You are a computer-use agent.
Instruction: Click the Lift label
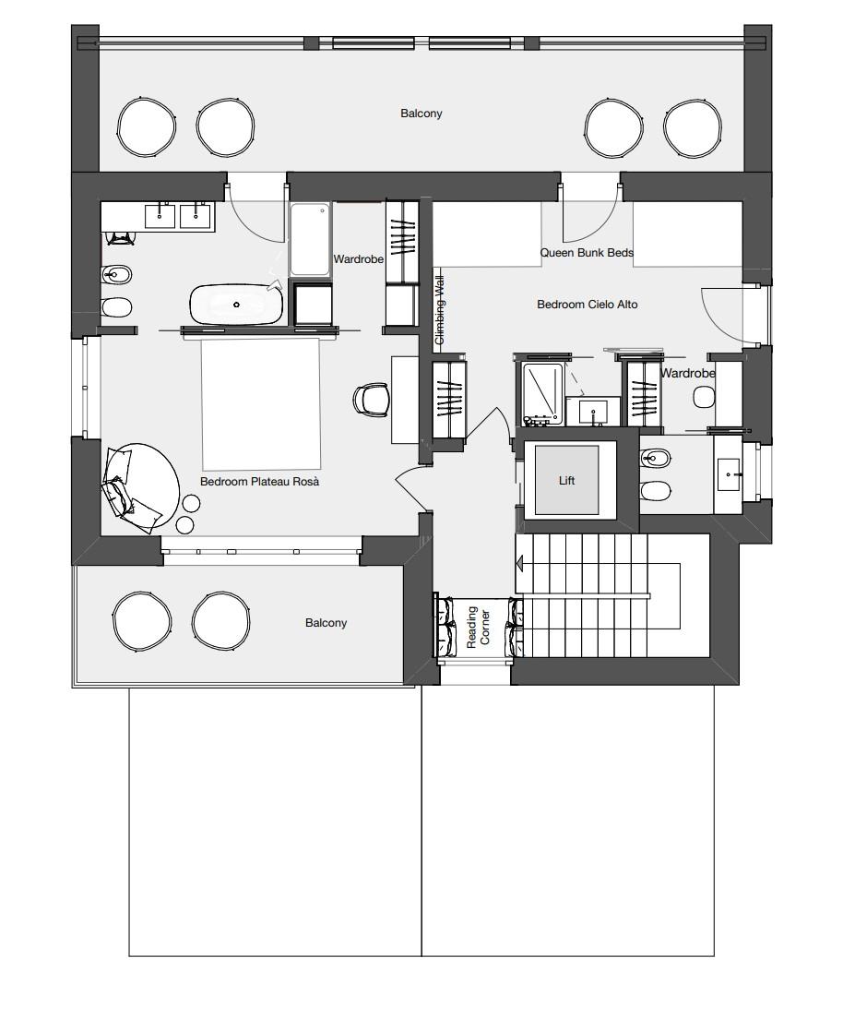click(x=566, y=481)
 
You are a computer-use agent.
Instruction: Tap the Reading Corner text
click(x=479, y=628)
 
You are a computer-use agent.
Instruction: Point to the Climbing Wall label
click(x=440, y=311)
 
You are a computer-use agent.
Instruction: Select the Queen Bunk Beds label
click(x=587, y=253)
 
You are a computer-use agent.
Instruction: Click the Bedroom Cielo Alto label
click(x=587, y=304)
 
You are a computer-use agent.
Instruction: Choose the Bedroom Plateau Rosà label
click(x=259, y=482)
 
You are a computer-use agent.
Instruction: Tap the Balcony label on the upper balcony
click(x=421, y=114)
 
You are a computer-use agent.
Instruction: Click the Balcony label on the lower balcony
click(x=326, y=623)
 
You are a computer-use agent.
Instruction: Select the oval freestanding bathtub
click(x=236, y=304)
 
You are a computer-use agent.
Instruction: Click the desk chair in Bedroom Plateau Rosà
click(x=371, y=400)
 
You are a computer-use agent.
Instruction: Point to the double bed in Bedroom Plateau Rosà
click(x=261, y=402)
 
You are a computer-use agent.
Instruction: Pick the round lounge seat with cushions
click(x=141, y=486)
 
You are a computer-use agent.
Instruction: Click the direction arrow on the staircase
click(x=520, y=562)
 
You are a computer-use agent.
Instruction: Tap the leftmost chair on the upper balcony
click(x=146, y=126)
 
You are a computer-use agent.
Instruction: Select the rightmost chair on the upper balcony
click(x=692, y=126)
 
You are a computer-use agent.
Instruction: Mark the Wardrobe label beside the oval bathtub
click(x=358, y=260)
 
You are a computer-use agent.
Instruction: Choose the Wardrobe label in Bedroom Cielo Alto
click(x=687, y=374)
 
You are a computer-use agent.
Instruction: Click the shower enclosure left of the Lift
click(x=541, y=392)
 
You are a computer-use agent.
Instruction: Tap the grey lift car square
click(x=566, y=480)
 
